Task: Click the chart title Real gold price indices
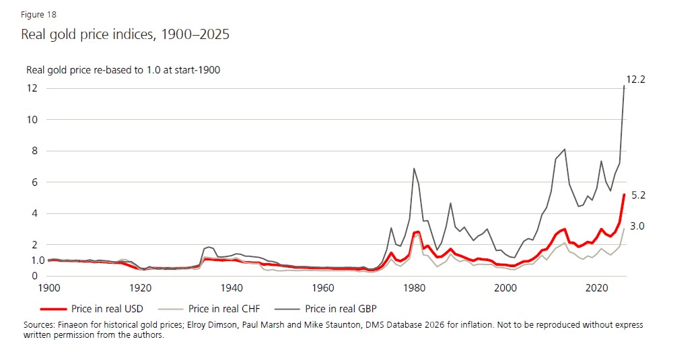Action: click(x=125, y=34)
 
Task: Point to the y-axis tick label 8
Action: click(x=33, y=151)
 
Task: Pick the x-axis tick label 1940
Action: click(x=232, y=287)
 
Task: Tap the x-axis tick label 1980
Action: click(x=415, y=287)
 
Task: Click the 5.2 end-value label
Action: click(x=639, y=195)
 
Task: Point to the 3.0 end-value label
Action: click(x=637, y=227)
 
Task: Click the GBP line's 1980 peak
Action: click(x=414, y=168)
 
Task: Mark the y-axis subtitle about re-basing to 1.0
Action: click(x=123, y=69)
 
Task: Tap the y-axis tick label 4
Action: click(x=33, y=214)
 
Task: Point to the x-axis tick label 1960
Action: click(x=323, y=287)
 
